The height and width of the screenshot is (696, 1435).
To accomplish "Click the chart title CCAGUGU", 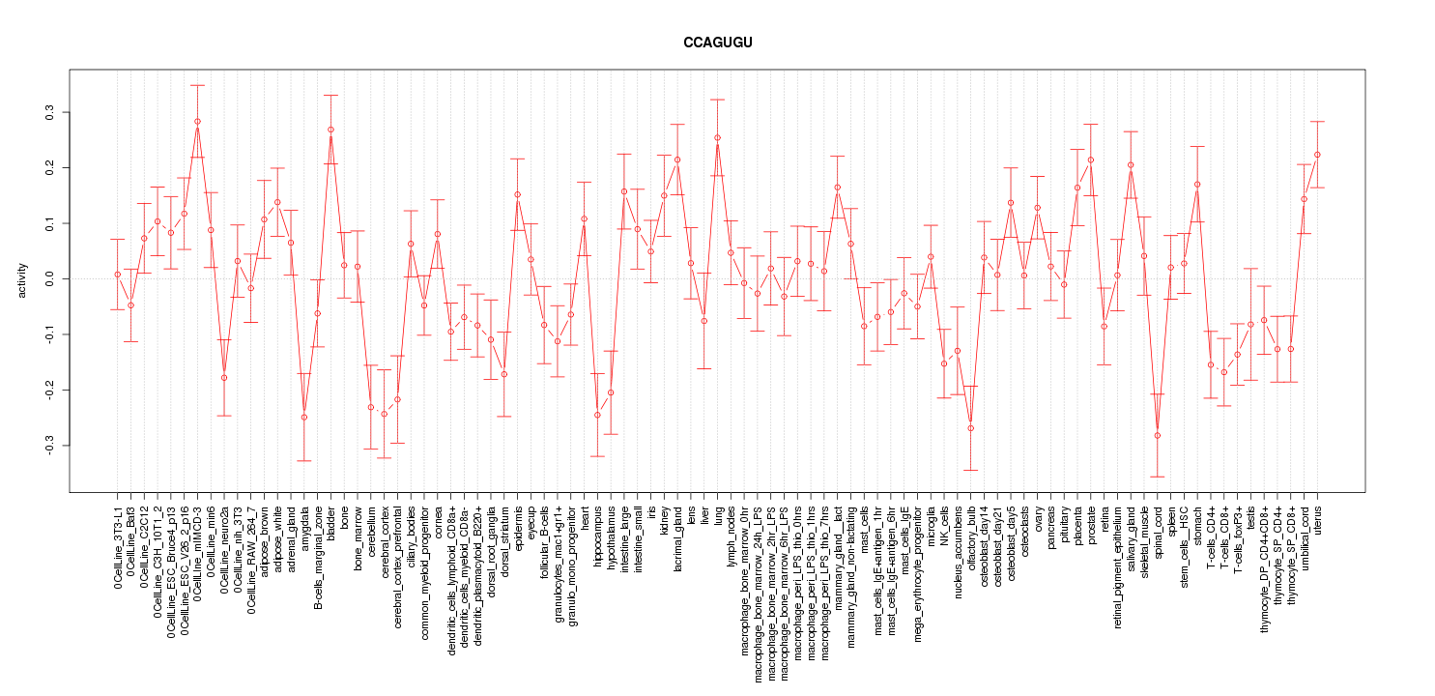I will (x=717, y=43).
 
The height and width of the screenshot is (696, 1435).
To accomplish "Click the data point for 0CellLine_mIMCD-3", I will (x=197, y=122).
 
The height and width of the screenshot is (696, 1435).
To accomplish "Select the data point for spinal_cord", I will (x=1157, y=435).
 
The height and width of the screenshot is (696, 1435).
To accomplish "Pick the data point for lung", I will (x=717, y=137).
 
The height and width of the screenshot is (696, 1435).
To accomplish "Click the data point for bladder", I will (x=330, y=130).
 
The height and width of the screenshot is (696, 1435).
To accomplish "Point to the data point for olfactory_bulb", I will (x=970, y=428).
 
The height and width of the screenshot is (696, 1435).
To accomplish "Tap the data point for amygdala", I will (x=303, y=418).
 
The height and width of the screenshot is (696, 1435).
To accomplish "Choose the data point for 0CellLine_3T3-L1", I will (x=117, y=275).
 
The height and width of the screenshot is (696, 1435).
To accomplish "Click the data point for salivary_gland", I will (x=1131, y=164).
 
